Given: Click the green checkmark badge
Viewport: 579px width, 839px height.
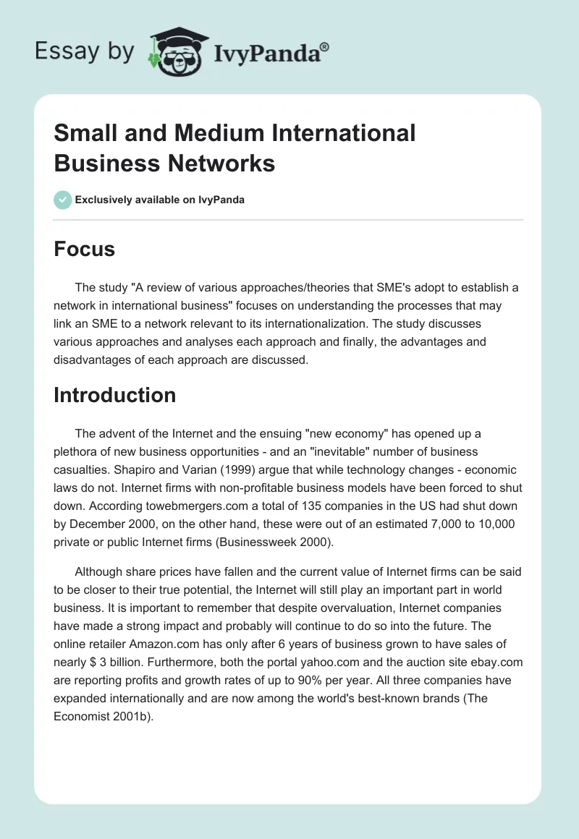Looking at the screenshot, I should (62, 200).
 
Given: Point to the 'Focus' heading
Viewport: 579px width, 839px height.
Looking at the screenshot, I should (85, 249).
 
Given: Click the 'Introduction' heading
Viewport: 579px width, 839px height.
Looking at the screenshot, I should (115, 395).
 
